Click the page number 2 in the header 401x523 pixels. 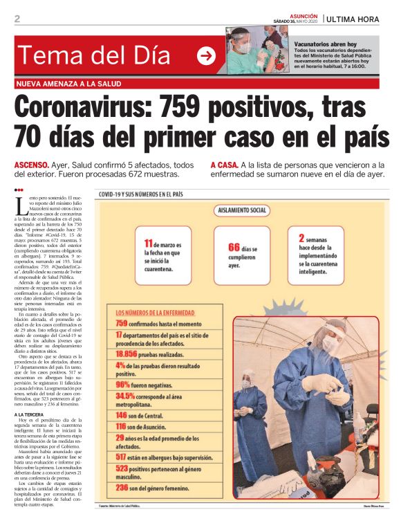coord(17,19)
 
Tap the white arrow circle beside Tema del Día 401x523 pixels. coord(206,56)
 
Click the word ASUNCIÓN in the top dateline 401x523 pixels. coord(304,15)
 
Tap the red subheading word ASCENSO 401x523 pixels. coord(32,165)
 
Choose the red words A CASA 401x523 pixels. coord(223,165)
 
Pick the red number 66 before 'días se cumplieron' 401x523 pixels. coord(234,247)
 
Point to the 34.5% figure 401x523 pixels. coord(125,396)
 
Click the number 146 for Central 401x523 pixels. coord(122,414)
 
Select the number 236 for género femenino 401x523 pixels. coord(122,487)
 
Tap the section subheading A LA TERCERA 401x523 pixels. coord(30,414)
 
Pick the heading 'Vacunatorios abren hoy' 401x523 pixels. coord(328,43)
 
